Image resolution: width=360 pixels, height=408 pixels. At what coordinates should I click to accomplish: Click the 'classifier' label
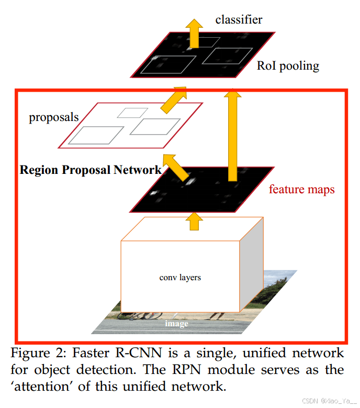click(239, 20)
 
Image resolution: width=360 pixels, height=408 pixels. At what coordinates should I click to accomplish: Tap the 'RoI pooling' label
click(288, 66)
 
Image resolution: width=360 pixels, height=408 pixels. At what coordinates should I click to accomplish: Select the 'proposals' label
click(53, 117)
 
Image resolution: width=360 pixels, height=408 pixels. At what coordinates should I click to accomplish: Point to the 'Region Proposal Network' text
click(91, 170)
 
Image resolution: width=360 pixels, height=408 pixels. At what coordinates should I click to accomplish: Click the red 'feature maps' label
click(301, 189)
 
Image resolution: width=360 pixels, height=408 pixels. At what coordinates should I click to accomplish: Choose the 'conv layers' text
click(180, 277)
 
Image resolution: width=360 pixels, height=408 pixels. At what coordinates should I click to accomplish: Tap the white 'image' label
click(176, 323)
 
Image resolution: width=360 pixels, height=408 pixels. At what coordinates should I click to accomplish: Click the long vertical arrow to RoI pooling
click(233, 131)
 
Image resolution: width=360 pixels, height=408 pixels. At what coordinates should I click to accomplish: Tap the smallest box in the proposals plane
click(132, 112)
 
